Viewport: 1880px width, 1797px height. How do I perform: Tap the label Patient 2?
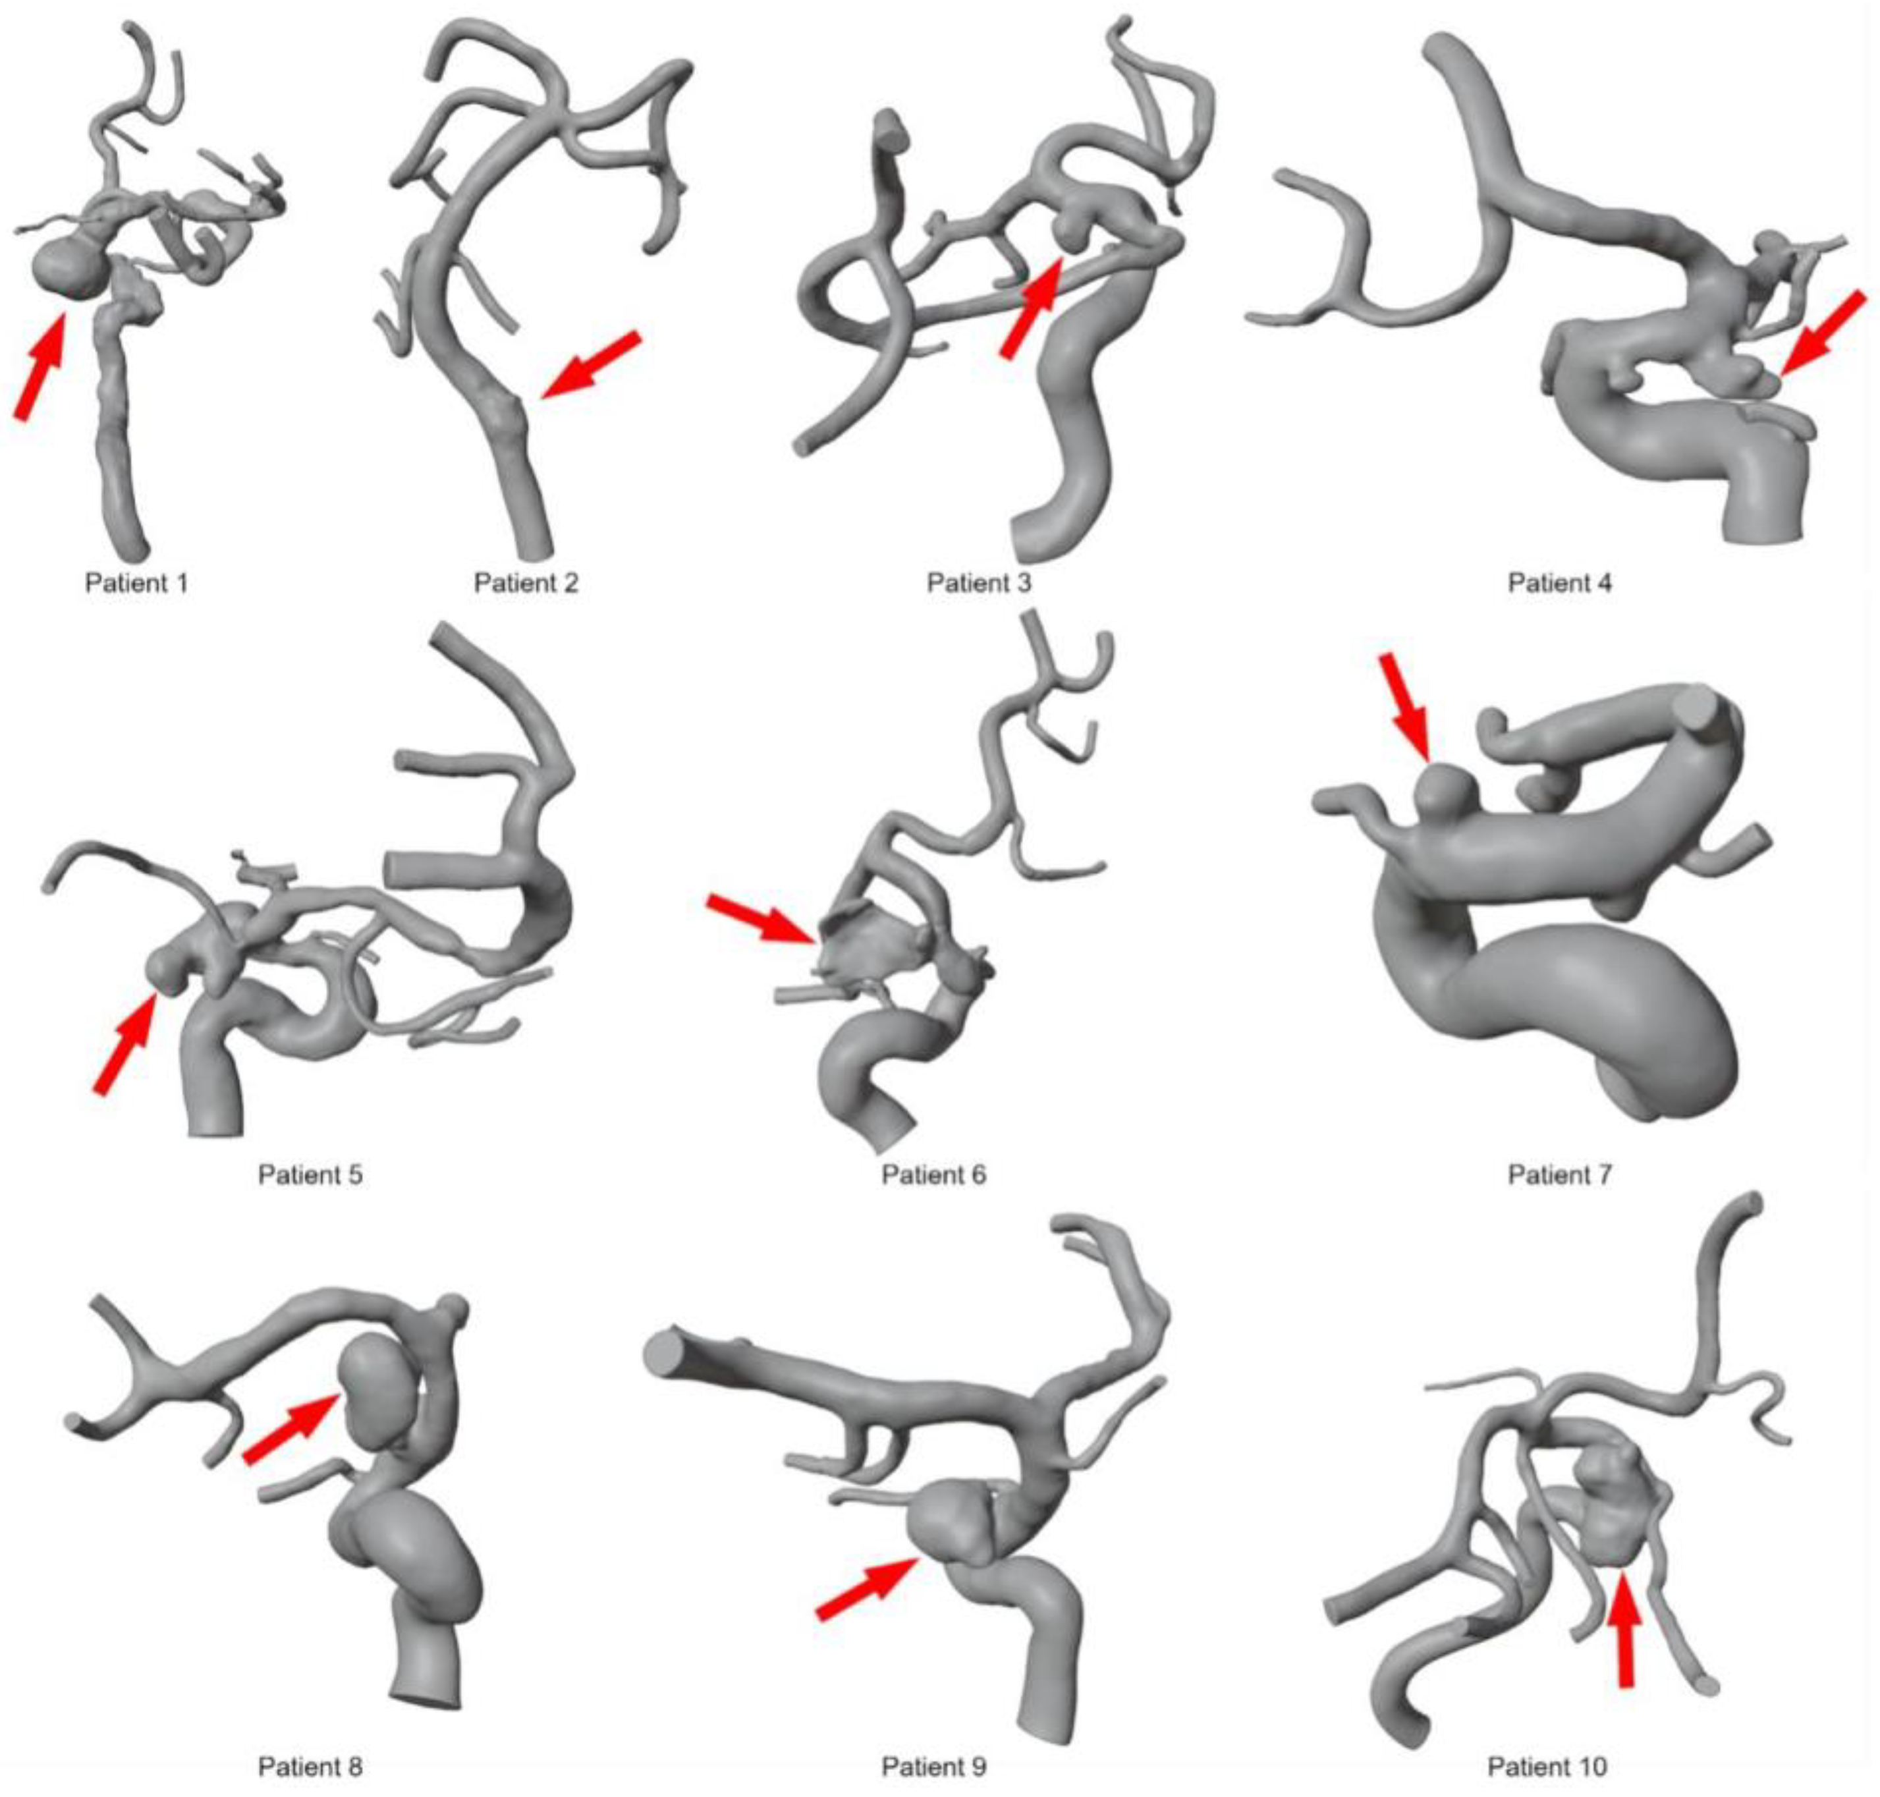pyautogui.click(x=526, y=582)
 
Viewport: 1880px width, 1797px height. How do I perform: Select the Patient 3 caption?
pyautogui.click(x=979, y=582)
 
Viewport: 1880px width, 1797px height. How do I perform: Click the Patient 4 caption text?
pyautogui.click(x=1559, y=582)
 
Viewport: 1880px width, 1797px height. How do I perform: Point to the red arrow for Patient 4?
pyautogui.click(x=1823, y=331)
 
